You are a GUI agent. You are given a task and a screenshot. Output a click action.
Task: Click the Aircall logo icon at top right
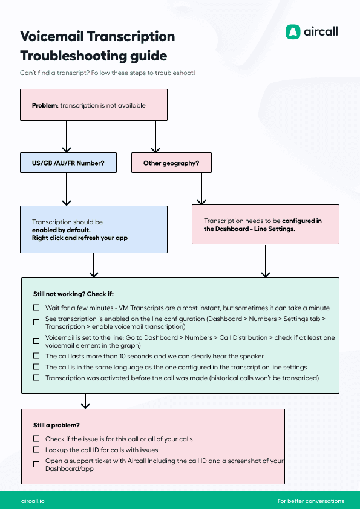coord(293,32)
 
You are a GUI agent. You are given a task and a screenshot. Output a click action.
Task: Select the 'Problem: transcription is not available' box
coord(93,105)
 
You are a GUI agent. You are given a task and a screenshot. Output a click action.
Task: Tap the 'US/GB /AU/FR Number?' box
coord(67,163)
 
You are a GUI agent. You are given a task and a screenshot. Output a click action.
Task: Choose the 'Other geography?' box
coord(171,163)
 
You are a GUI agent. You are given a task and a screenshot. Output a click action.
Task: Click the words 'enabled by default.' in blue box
coord(61,230)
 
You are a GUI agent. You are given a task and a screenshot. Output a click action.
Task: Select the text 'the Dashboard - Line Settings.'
coord(249,229)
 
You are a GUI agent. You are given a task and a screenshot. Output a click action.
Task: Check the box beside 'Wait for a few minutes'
coord(36,308)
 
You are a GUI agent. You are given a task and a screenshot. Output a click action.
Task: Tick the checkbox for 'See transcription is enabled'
coord(36,318)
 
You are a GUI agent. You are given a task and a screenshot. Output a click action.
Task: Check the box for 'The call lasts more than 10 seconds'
coord(36,356)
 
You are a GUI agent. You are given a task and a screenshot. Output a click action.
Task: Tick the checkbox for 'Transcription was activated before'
coord(36,377)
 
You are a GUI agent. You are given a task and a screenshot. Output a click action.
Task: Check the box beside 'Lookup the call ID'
coord(36,450)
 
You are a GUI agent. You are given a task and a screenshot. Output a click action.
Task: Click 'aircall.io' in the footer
coord(32,501)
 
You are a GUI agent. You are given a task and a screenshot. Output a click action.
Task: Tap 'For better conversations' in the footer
coord(310,501)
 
